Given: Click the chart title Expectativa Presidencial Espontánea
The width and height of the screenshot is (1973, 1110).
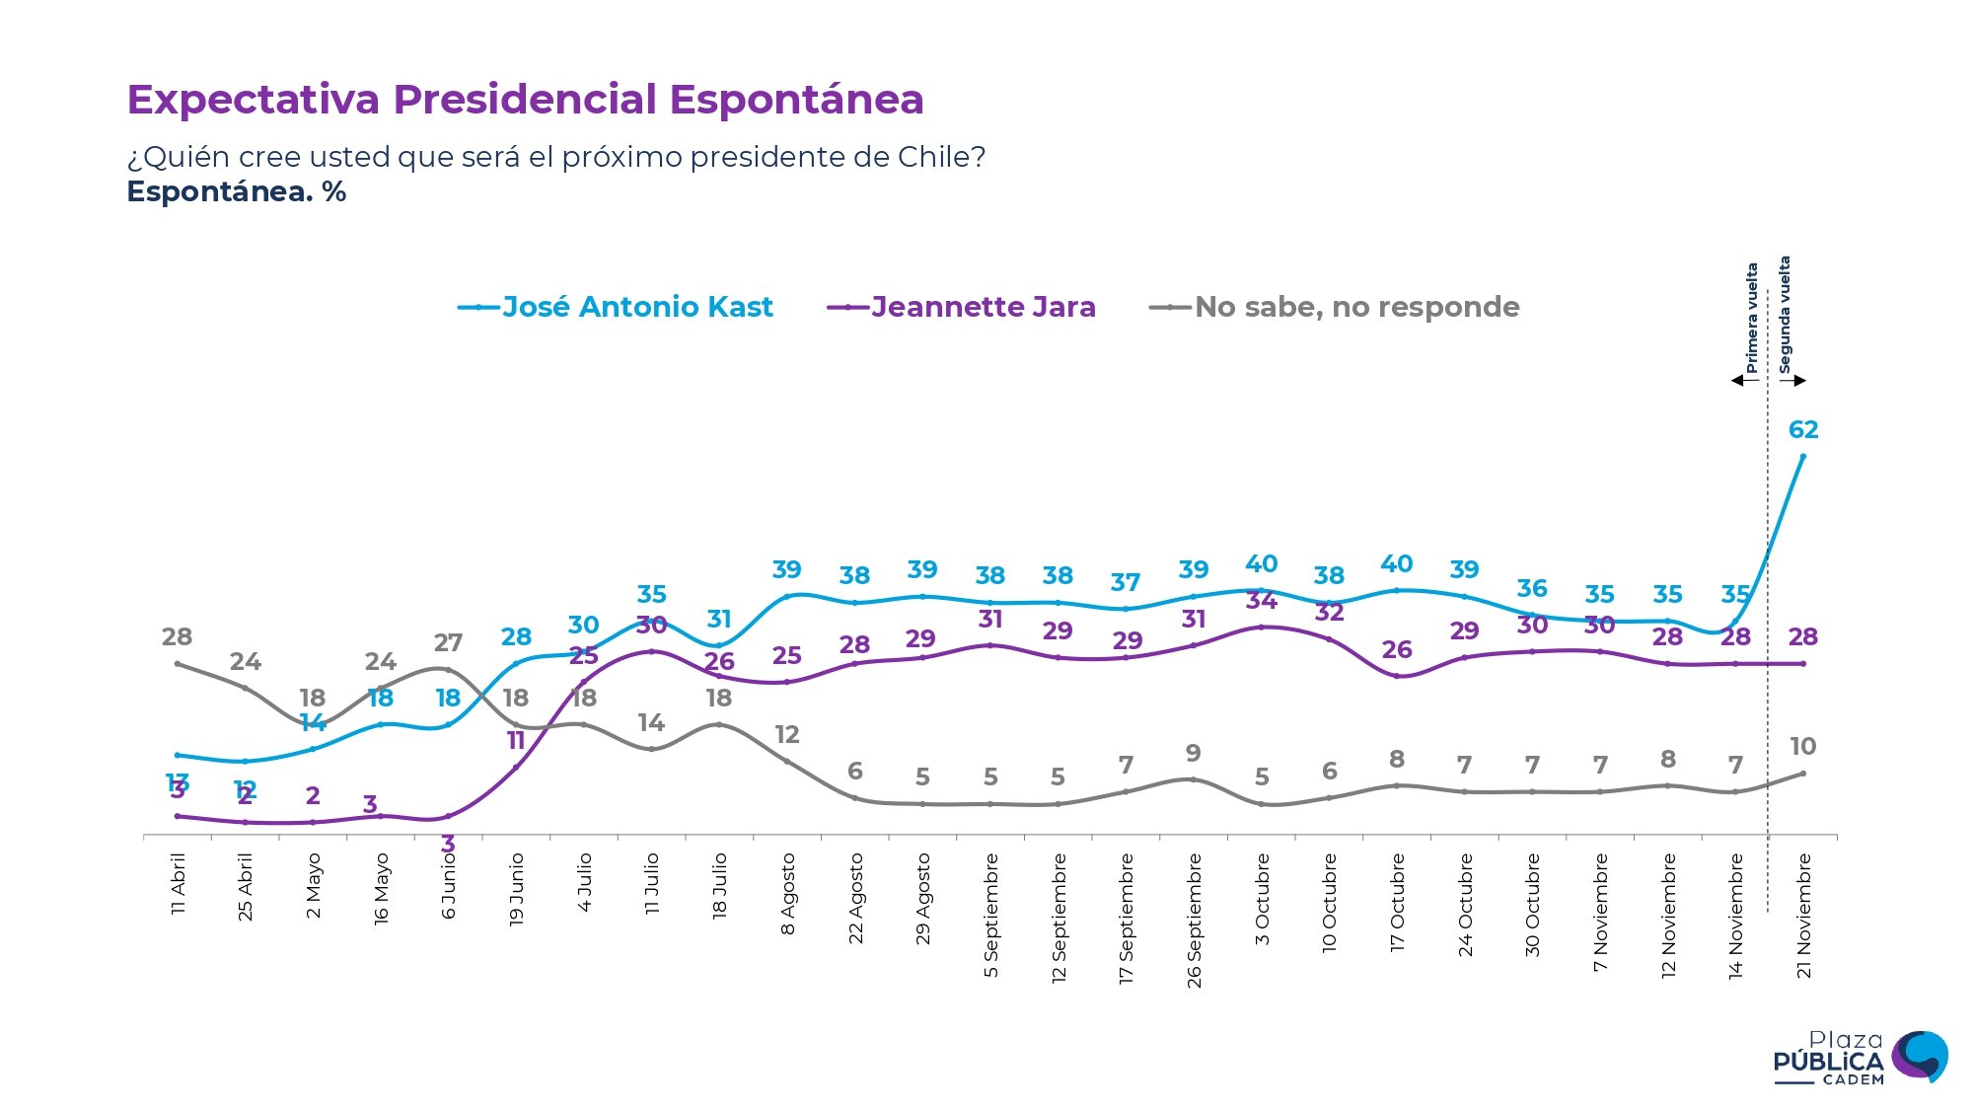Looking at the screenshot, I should click(525, 100).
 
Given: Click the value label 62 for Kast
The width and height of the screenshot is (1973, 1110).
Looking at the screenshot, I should click(1803, 429).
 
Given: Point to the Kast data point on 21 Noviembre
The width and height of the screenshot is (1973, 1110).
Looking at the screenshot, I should click(1803, 456).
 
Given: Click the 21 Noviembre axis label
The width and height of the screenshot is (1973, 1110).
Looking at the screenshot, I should click(1804, 916).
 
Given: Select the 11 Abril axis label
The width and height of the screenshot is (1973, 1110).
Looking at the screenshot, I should click(179, 884).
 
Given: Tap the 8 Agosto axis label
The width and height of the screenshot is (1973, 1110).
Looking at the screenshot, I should click(787, 894).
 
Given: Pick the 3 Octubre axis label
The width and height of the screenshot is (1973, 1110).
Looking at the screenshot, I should click(1262, 899).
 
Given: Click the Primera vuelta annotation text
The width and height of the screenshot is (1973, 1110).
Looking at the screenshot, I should click(1752, 318).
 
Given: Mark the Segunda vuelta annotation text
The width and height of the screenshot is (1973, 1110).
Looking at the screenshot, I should click(1785, 315).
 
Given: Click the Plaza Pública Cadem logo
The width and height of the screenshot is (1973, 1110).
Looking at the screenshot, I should click(1860, 1058).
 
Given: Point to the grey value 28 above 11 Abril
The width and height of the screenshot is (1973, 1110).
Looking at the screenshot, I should click(178, 636).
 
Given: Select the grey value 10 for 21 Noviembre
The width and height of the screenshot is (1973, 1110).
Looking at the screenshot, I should click(1803, 746).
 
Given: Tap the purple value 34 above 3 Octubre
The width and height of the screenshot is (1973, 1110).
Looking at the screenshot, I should click(1262, 600).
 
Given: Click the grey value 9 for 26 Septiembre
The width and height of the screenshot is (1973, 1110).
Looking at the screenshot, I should click(1194, 753).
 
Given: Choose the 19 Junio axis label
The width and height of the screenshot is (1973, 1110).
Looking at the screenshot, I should click(516, 889).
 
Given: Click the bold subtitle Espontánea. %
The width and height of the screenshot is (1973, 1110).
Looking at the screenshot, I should click(237, 191).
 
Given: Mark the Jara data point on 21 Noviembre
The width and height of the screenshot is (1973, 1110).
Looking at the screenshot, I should click(1803, 664).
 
